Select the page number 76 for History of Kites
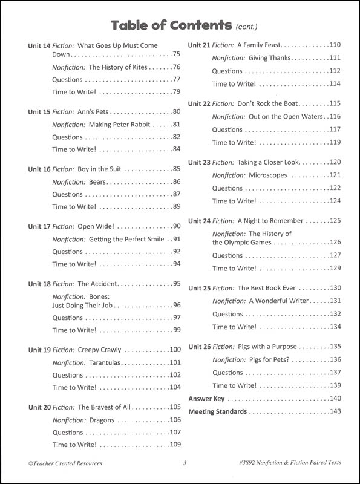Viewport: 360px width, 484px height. click(176, 67)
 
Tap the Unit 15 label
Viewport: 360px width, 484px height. click(39, 112)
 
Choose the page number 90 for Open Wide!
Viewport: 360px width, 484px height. click(176, 226)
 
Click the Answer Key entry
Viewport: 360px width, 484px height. click(206, 399)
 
